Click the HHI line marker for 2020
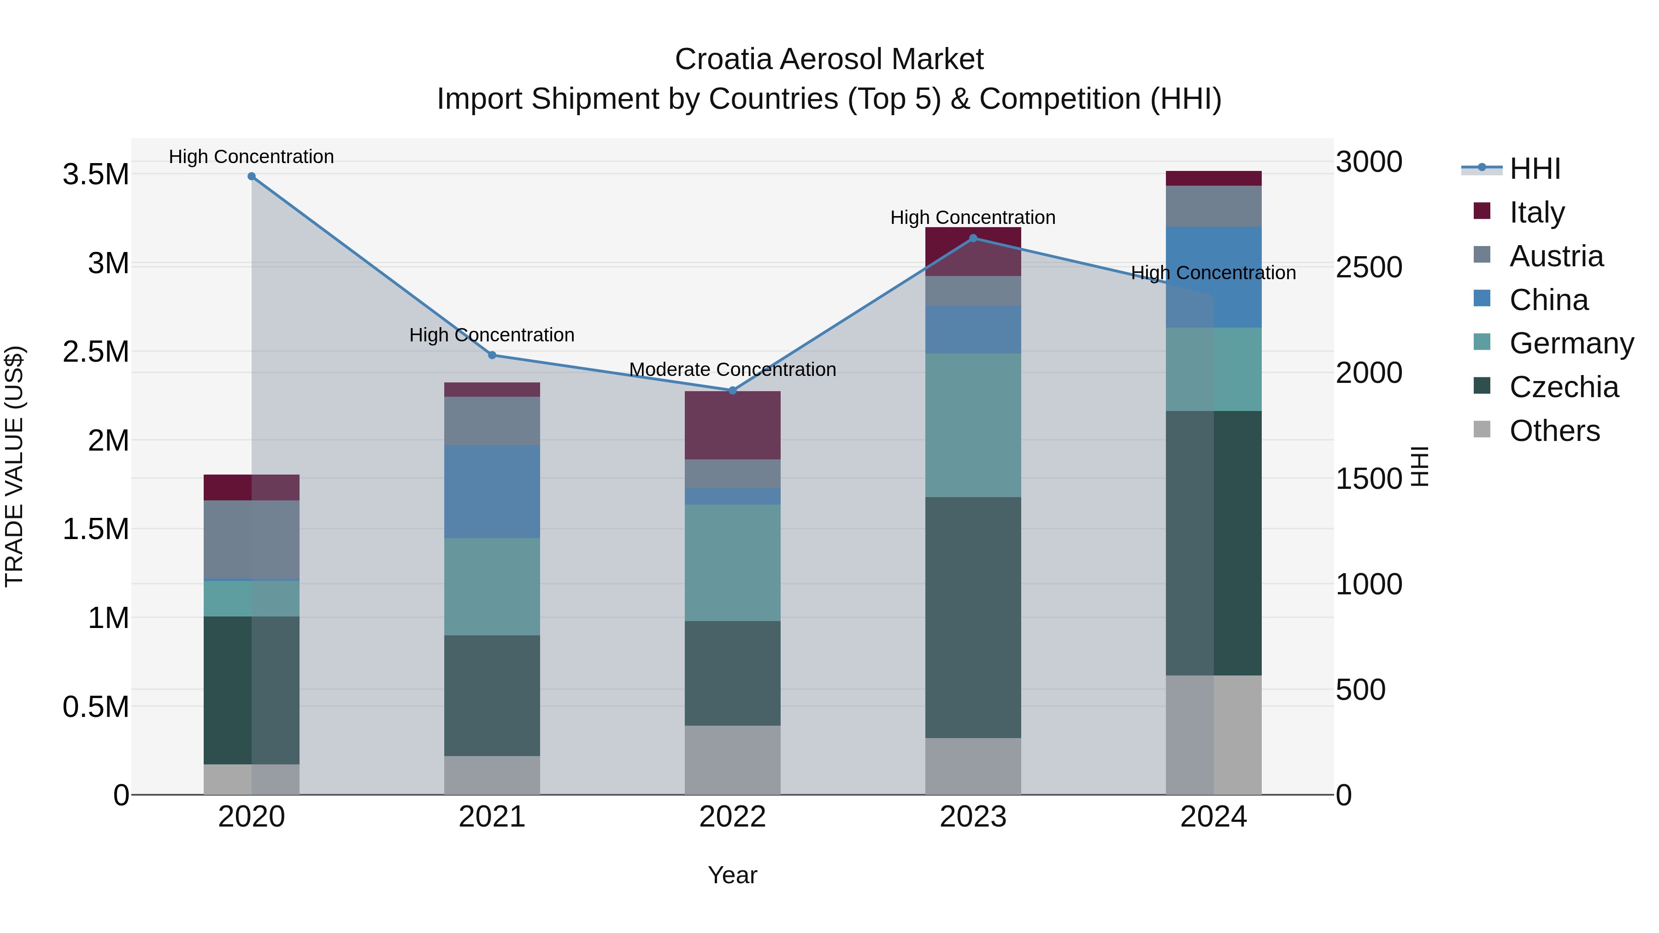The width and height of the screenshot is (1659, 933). [x=252, y=176]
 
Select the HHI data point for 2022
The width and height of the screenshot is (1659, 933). [x=732, y=390]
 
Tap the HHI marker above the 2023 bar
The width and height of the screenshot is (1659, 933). [x=973, y=238]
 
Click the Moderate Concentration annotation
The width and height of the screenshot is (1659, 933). [x=732, y=370]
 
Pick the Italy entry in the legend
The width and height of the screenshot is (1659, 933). [x=1536, y=212]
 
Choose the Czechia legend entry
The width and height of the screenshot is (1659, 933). [x=1563, y=387]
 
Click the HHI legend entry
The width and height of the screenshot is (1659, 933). [x=1534, y=169]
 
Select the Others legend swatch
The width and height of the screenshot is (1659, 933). [x=1482, y=429]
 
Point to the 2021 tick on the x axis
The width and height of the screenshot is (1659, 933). [x=492, y=816]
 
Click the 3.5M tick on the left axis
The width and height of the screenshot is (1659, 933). [x=95, y=175]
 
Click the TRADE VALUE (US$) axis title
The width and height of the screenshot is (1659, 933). [x=14, y=466]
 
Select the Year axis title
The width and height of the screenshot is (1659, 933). [x=732, y=875]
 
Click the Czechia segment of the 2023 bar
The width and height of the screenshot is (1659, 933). [x=973, y=617]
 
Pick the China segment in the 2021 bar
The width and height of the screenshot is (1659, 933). [x=492, y=491]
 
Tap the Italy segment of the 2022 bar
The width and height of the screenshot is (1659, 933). [x=732, y=425]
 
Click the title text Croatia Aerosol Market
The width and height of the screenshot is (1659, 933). [x=829, y=59]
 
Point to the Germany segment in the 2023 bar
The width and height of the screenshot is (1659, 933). [x=973, y=425]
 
